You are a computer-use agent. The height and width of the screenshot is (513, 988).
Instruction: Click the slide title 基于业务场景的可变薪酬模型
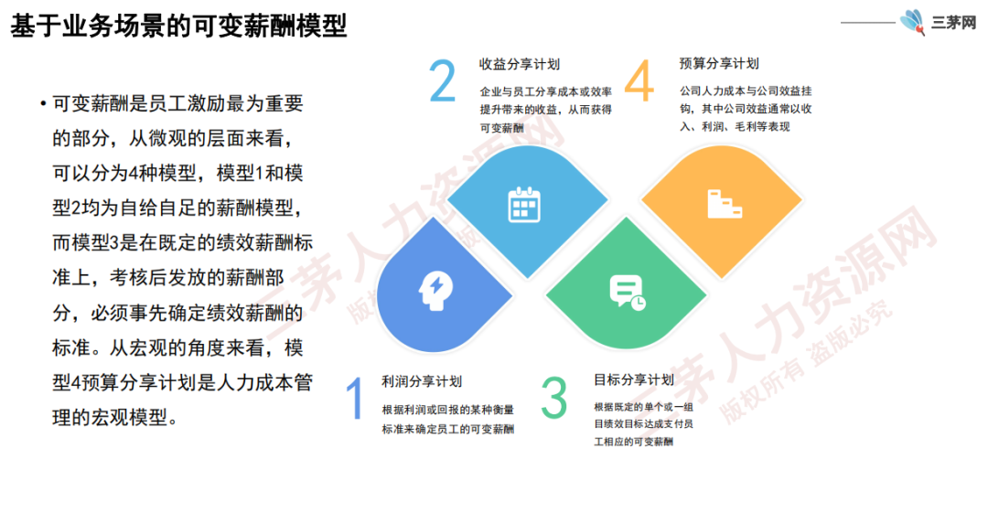pyautogui.click(x=178, y=26)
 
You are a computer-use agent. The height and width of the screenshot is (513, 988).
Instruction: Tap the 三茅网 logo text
pyautogui.click(x=953, y=23)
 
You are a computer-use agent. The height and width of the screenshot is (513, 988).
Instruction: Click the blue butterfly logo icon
pyautogui.click(x=912, y=22)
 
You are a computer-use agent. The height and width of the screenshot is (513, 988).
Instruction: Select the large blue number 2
pyautogui.click(x=443, y=80)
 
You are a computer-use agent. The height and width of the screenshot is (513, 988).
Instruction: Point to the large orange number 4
pyautogui.click(x=639, y=80)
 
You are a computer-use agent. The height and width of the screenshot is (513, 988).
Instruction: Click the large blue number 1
pyautogui.click(x=356, y=399)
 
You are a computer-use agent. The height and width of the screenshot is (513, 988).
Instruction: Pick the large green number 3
pyautogui.click(x=554, y=398)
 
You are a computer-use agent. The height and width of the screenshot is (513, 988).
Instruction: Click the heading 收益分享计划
pyautogui.click(x=520, y=64)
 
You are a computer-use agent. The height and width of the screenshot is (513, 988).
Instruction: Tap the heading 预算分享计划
pyautogui.click(x=719, y=64)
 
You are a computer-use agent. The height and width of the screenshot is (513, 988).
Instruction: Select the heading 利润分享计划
pyautogui.click(x=422, y=381)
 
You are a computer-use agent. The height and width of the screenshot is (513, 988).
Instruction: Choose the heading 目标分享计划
pyautogui.click(x=634, y=380)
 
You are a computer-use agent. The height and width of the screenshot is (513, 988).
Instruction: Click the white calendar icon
pyautogui.click(x=524, y=205)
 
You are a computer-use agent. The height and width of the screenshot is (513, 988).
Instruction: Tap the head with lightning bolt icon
pyautogui.click(x=436, y=291)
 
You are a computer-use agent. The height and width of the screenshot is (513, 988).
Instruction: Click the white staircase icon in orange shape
pyautogui.click(x=724, y=204)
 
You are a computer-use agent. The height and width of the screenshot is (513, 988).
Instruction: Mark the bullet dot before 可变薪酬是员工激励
pyautogui.click(x=43, y=103)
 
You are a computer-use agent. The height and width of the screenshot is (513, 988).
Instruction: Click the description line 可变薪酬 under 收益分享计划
pyautogui.click(x=501, y=128)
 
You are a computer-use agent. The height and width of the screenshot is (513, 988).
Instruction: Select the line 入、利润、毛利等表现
pyautogui.click(x=735, y=127)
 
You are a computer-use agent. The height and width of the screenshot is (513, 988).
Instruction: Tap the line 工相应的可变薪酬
pyautogui.click(x=633, y=442)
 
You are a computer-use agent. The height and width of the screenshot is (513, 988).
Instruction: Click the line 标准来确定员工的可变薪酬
pyautogui.click(x=448, y=429)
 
